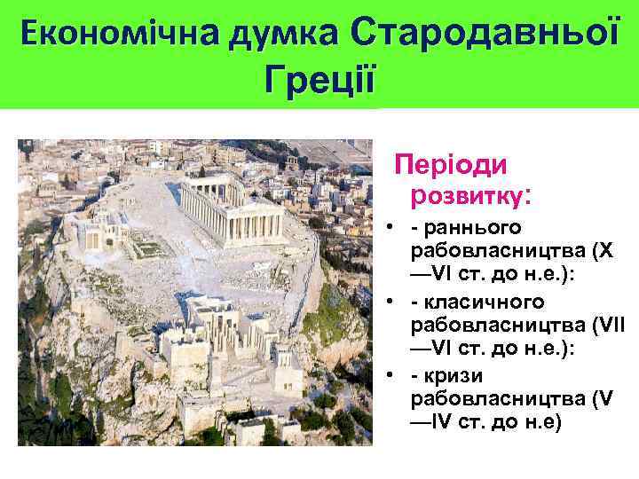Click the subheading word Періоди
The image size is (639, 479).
(x=451, y=165)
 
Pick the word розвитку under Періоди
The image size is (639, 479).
(x=467, y=192)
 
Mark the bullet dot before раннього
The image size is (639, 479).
(x=390, y=228)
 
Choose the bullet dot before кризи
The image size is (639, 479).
(x=390, y=377)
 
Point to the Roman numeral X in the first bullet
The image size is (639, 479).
(x=605, y=251)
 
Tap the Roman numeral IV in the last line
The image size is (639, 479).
(x=441, y=423)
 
